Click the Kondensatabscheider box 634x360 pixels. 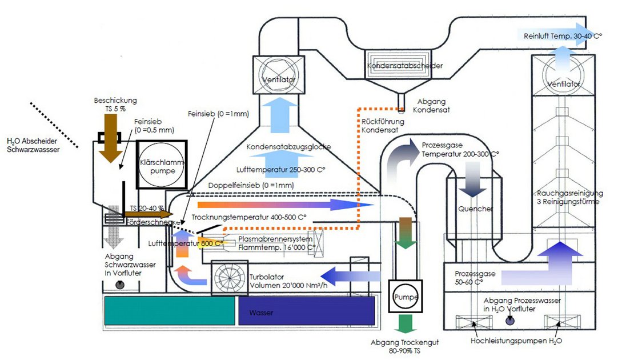click(x=404, y=65)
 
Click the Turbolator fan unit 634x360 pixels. click(x=230, y=278)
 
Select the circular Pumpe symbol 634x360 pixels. click(x=407, y=297)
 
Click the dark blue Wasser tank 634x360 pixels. click(x=306, y=313)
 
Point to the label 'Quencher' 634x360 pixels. click(x=475, y=209)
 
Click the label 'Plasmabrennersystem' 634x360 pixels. click(x=275, y=239)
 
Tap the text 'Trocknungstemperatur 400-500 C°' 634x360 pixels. click(x=249, y=217)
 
